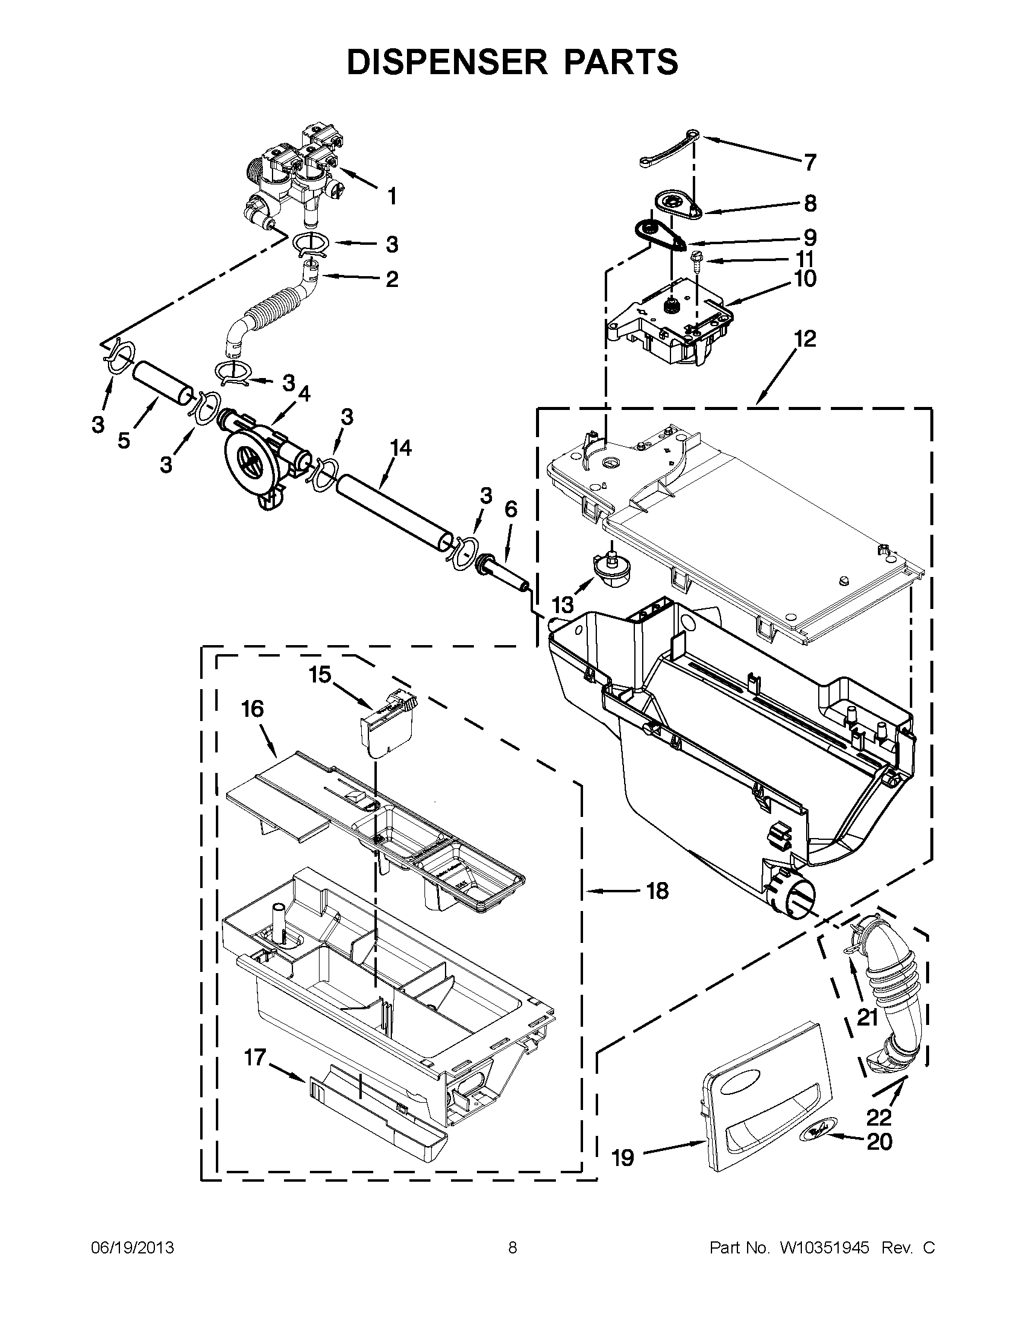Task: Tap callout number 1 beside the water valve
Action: tap(392, 196)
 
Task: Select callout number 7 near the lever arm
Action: tap(810, 162)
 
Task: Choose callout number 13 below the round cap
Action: tap(563, 605)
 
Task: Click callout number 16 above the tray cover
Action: tap(253, 708)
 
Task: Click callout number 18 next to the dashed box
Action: tap(657, 891)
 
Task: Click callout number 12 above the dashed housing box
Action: tap(805, 338)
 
